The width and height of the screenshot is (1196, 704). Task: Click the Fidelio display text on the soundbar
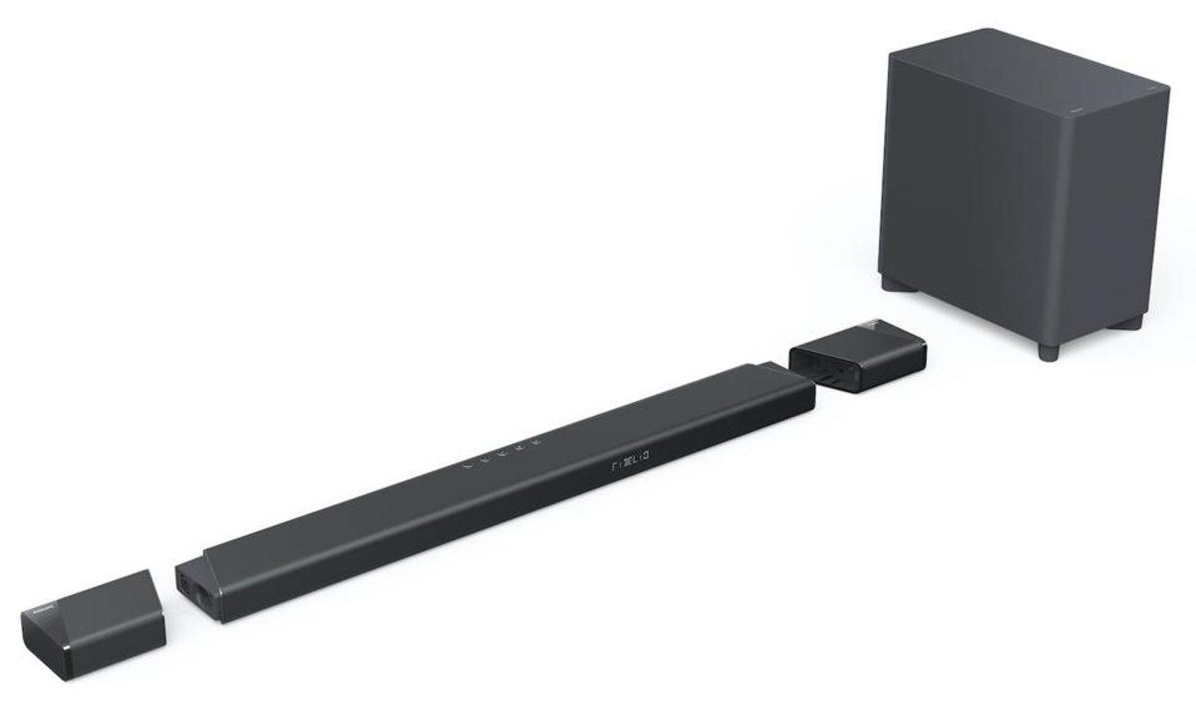click(x=627, y=459)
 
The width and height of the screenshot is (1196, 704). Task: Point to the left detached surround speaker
click(x=94, y=623)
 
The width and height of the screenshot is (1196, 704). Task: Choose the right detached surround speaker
click(x=857, y=353)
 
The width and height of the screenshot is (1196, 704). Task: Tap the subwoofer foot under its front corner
click(x=1047, y=350)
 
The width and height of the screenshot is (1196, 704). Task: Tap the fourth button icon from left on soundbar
click(x=518, y=446)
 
